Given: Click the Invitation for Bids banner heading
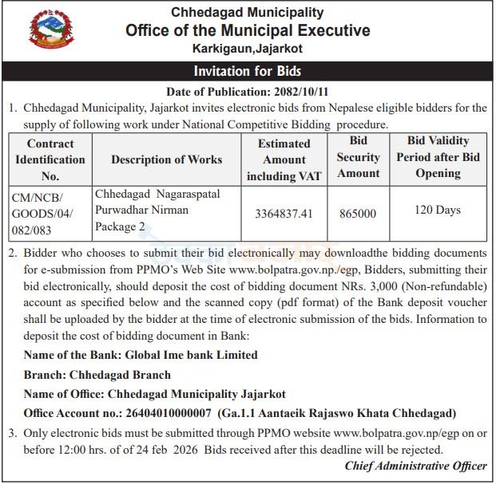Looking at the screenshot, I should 248,72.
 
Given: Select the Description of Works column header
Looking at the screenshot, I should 167,159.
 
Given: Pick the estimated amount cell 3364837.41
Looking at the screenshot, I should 284,214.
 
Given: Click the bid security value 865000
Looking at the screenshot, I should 357,214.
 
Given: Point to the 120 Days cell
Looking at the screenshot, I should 438,211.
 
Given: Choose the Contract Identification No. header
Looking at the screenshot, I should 50,159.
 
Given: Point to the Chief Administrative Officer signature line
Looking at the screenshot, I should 415,466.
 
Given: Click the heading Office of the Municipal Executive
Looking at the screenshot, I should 248,31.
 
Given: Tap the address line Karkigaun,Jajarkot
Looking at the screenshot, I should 248,49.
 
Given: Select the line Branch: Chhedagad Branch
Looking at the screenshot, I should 97,375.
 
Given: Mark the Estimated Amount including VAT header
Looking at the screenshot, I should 284,159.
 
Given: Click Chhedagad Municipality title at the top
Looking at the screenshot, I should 248,12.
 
